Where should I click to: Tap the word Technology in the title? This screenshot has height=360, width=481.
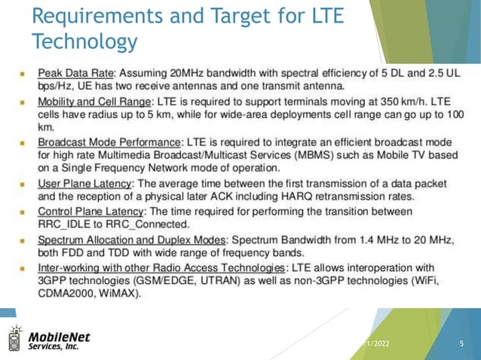click(x=84, y=41)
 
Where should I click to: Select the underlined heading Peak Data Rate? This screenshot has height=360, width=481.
click(x=76, y=74)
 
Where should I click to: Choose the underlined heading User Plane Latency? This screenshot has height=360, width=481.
click(x=85, y=183)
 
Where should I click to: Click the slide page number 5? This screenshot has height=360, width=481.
click(x=461, y=343)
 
